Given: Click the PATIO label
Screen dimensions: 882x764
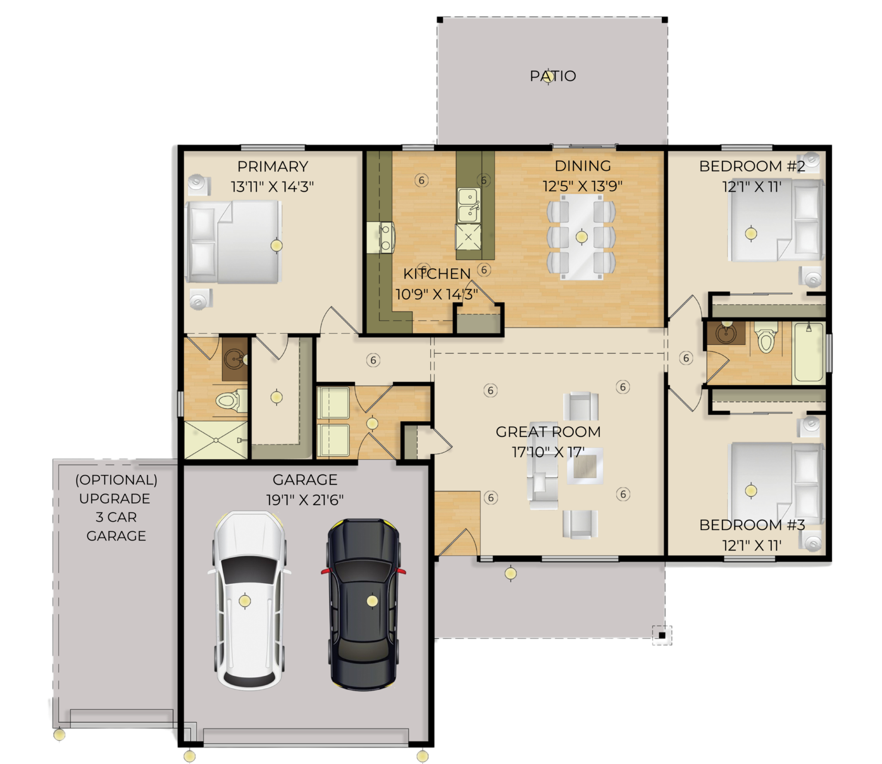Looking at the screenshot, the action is [x=553, y=76].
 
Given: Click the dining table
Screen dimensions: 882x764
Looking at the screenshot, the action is [x=581, y=237].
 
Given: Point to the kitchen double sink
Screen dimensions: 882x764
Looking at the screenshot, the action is [x=469, y=205].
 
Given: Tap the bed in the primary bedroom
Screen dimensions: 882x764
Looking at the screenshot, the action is [x=233, y=242].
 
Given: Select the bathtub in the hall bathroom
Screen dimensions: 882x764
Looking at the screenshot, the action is [x=809, y=353].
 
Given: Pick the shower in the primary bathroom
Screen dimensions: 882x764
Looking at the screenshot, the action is [x=216, y=440].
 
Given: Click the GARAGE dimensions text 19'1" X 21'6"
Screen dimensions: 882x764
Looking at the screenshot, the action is [x=305, y=500].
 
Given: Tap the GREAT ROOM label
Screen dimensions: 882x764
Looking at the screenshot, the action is [x=548, y=432].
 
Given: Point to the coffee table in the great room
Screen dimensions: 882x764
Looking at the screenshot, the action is [x=585, y=466].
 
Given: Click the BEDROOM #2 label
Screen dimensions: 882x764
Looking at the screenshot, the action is [x=752, y=166].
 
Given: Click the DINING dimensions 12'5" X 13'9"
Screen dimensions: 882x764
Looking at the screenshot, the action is [x=582, y=186].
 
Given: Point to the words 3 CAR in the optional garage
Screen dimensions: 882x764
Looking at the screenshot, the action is [x=116, y=517].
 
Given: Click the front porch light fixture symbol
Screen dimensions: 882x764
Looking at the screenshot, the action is [x=510, y=573].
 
